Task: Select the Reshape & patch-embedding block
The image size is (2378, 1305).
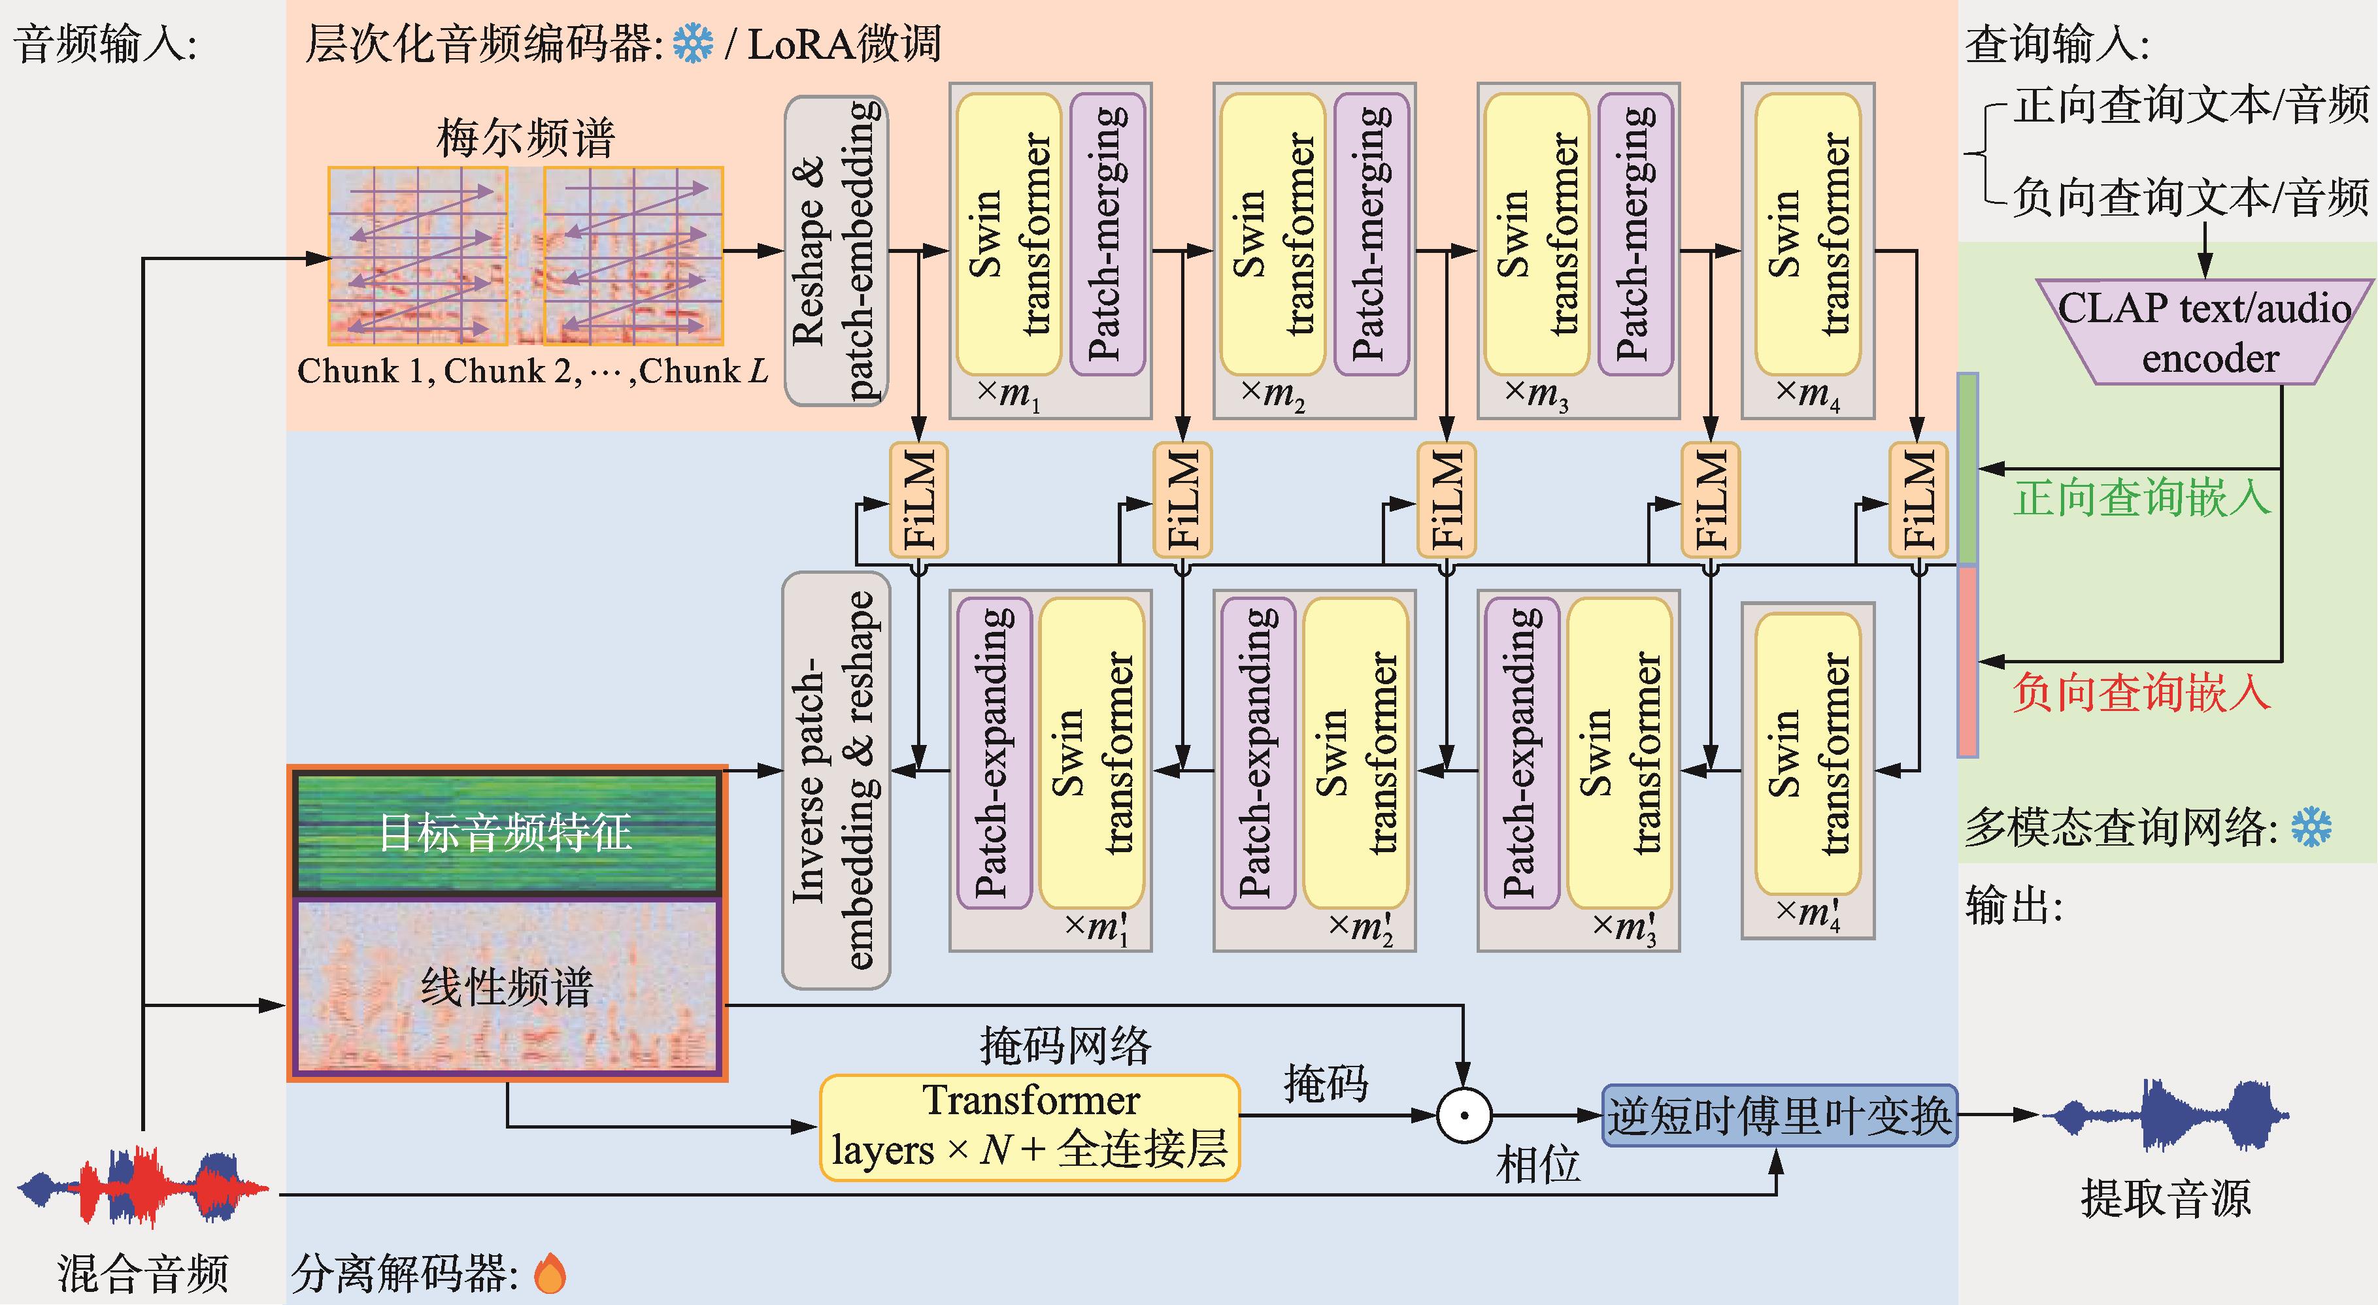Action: pyautogui.click(x=835, y=251)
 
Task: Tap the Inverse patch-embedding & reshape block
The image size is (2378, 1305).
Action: pyautogui.click(x=835, y=780)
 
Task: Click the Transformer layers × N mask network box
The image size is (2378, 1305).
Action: pyautogui.click(x=1030, y=1127)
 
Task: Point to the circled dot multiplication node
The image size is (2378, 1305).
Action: pyautogui.click(x=1464, y=1115)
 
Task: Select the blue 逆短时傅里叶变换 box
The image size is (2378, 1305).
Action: pyautogui.click(x=1779, y=1115)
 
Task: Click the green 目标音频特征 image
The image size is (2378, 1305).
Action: pyautogui.click(x=506, y=833)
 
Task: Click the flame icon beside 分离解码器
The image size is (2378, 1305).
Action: pyautogui.click(x=550, y=1274)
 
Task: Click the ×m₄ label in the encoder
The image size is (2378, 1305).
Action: pyautogui.click(x=1807, y=394)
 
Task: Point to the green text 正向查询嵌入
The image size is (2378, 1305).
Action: pyautogui.click(x=2141, y=499)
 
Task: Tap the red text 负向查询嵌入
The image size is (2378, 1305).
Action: pyautogui.click(x=2141, y=692)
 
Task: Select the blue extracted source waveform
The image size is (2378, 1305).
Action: pyautogui.click(x=2165, y=1115)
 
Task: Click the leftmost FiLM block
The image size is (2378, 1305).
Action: pyautogui.click(x=918, y=499)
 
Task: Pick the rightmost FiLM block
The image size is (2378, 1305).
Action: pyautogui.click(x=1918, y=499)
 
